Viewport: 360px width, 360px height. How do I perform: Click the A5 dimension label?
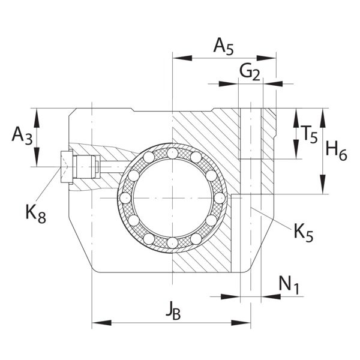point(223,47)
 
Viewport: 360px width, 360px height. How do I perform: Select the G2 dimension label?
point(250,72)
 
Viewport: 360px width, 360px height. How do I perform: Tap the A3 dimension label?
point(22,136)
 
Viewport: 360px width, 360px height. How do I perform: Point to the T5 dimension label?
point(309,134)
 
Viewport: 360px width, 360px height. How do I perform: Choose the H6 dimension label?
point(337,152)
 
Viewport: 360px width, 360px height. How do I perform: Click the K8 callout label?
point(36,214)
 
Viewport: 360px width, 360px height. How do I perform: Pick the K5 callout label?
point(304,233)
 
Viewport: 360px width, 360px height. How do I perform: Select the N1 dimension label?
point(289,285)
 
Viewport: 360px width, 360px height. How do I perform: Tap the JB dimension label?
point(173,311)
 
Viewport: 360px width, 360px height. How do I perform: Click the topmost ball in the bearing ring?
point(172,154)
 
